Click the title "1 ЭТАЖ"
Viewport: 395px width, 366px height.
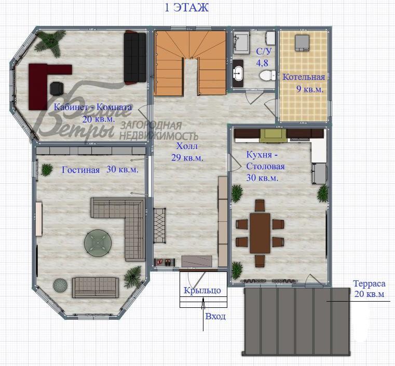(x=186, y=7)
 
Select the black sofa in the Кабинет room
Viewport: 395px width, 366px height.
(x=135, y=57)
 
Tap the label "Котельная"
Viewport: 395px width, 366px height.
(x=304, y=77)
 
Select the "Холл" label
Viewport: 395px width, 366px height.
(x=187, y=146)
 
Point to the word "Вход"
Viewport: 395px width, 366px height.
(x=215, y=316)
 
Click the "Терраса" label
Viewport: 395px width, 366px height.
(x=369, y=284)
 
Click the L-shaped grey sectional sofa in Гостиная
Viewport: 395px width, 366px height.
(x=125, y=218)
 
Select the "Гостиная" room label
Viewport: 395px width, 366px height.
(x=80, y=170)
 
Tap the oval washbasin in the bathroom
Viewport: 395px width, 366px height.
(x=239, y=72)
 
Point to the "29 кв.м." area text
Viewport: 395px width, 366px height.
(x=187, y=157)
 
